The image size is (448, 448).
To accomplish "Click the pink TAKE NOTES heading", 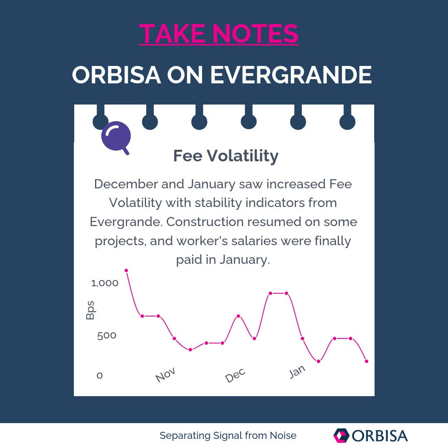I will pyautogui.click(x=219, y=34).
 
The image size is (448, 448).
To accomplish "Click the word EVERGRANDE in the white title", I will pyautogui.click(x=291, y=75).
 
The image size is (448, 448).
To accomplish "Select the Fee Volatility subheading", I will pyautogui.click(x=226, y=156).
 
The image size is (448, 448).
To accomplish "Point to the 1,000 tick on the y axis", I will pyautogui.click(x=105, y=283).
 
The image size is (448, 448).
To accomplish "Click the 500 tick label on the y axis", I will pyautogui.click(x=107, y=335).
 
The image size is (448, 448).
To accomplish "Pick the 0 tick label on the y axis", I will pyautogui.click(x=100, y=375).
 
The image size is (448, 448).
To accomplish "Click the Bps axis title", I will pyautogui.click(x=90, y=310).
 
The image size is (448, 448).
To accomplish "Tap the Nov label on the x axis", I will pyautogui.click(x=166, y=375).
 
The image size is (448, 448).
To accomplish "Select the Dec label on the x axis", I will pyautogui.click(x=235, y=376).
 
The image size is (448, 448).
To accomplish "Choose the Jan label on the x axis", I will pyautogui.click(x=297, y=372).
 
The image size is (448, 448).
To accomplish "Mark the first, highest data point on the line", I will pyautogui.click(x=126, y=270).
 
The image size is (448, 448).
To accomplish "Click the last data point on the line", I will pyautogui.click(x=366, y=361).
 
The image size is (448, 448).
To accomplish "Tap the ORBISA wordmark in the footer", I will pyautogui.click(x=380, y=436).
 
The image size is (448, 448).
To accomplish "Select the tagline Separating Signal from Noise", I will pyautogui.click(x=228, y=436).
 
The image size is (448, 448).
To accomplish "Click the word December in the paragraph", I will pyautogui.click(x=126, y=184).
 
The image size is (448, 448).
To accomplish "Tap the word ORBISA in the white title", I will pyautogui.click(x=117, y=75).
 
